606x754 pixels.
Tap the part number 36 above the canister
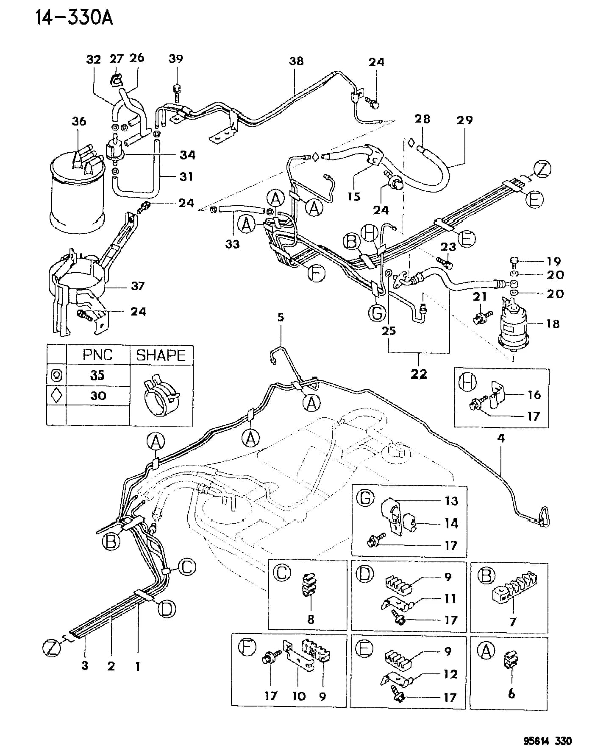pyautogui.click(x=79, y=121)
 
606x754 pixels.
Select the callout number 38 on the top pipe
pyautogui.click(x=296, y=61)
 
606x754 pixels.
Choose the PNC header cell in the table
pyautogui.click(x=97, y=355)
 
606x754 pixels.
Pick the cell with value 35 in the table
pyautogui.click(x=97, y=375)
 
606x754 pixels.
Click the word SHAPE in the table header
pyautogui.click(x=161, y=355)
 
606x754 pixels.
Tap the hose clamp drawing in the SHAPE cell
pyautogui.click(x=160, y=395)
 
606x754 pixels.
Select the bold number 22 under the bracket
pyautogui.click(x=419, y=374)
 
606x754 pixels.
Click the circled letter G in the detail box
pyautogui.click(x=365, y=498)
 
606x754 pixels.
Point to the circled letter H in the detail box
pyautogui.click(x=468, y=383)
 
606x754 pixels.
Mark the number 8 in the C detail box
pyautogui.click(x=311, y=619)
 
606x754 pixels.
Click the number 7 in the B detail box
pyautogui.click(x=513, y=622)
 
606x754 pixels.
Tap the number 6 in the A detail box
pyautogui.click(x=511, y=693)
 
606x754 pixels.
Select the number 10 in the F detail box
pyautogui.click(x=299, y=696)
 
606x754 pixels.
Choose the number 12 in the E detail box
pyautogui.click(x=451, y=673)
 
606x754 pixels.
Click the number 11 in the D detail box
pyautogui.click(x=450, y=598)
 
